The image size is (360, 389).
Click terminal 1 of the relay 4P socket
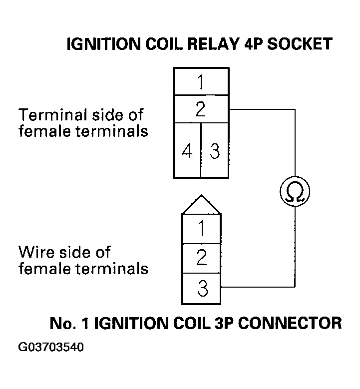click(201, 82)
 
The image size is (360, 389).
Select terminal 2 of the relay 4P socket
click(201, 109)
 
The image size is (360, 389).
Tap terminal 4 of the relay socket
click(187, 151)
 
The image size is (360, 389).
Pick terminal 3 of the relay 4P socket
click(215, 151)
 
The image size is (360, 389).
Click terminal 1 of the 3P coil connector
click(202, 229)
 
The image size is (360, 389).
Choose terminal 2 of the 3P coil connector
click(202, 258)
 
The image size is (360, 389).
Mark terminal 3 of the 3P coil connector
click(202, 289)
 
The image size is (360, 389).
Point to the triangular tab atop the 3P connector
click(202, 205)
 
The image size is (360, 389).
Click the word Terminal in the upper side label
click(46, 115)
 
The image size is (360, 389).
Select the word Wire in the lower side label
click(35, 252)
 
